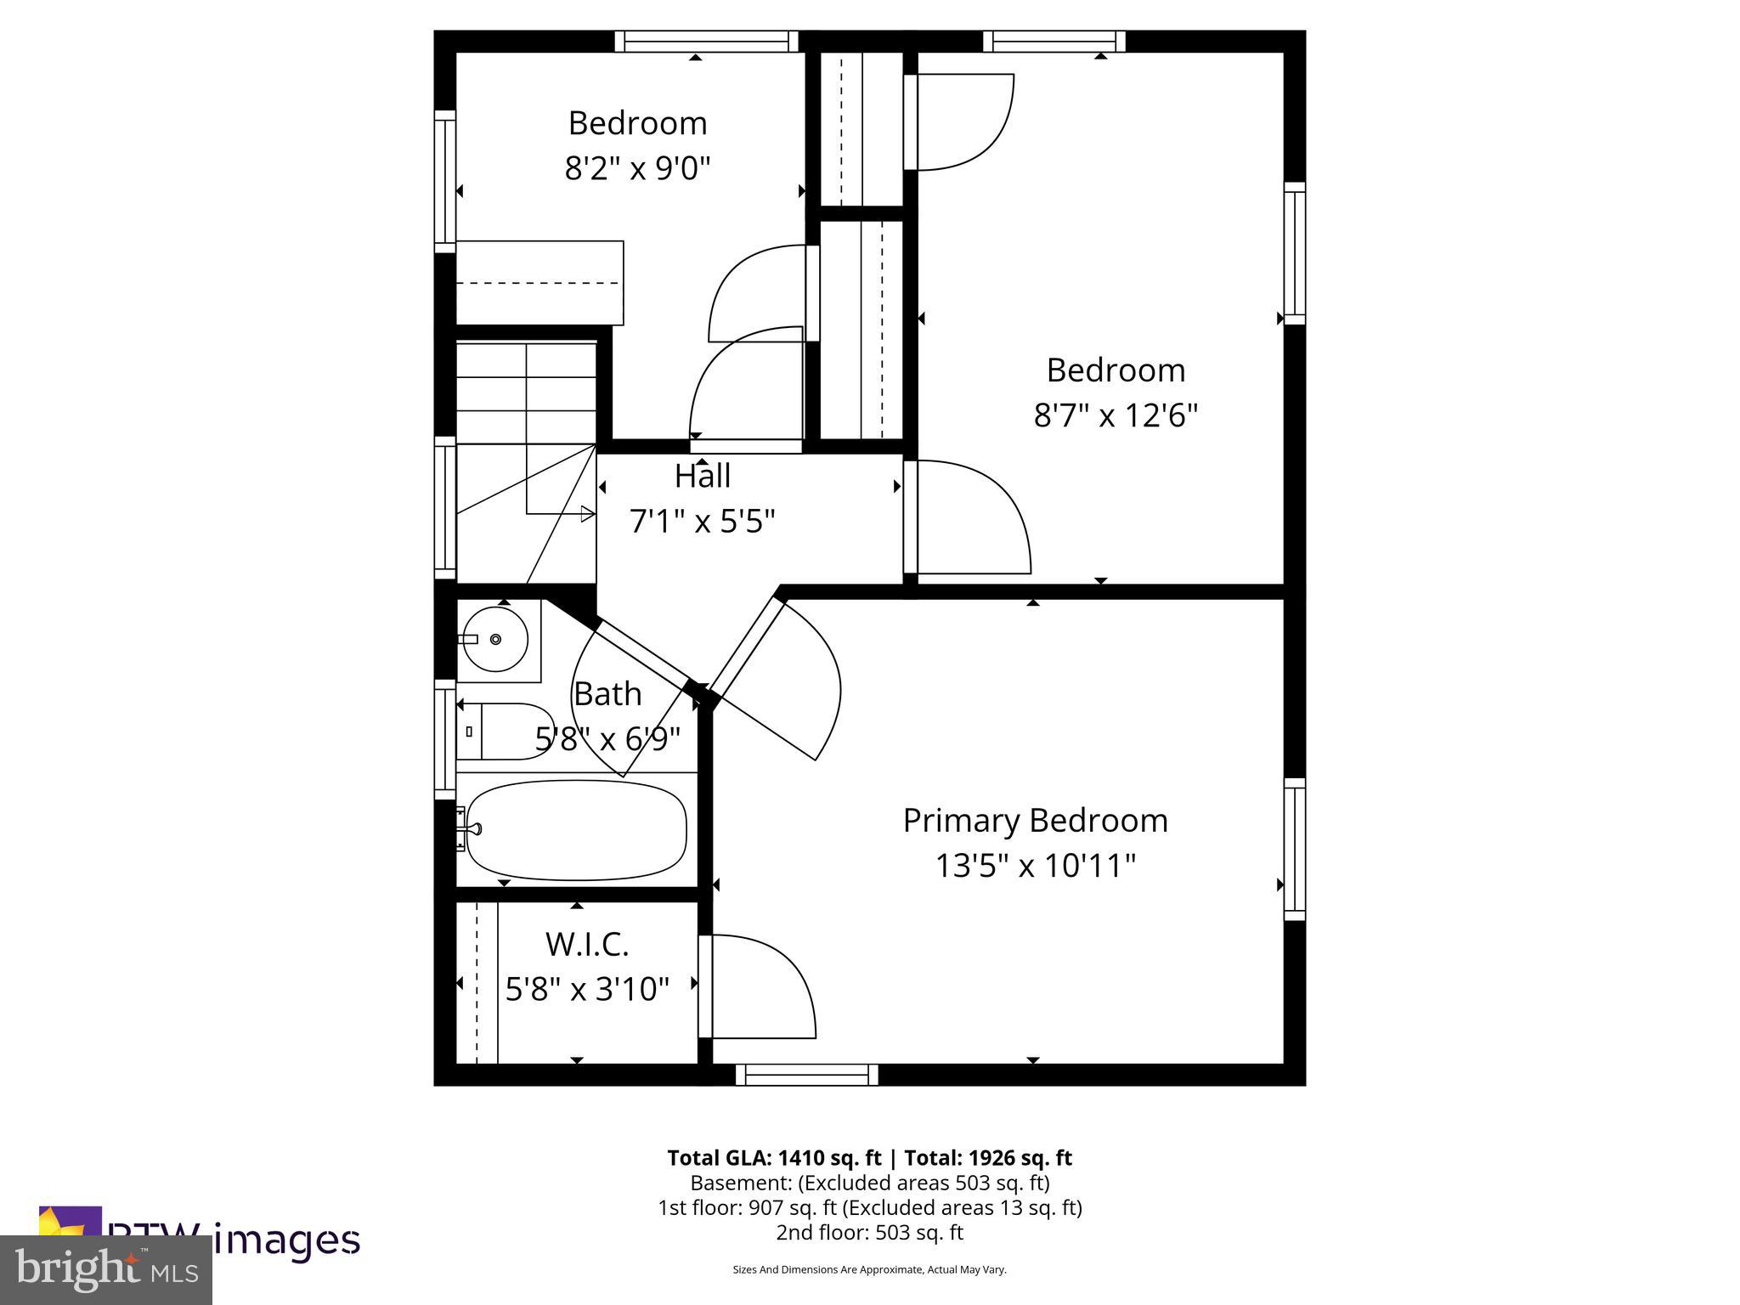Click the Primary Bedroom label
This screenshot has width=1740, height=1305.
1034,821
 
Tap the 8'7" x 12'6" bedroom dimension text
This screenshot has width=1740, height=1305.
1115,416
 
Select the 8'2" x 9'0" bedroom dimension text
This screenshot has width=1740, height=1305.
637,169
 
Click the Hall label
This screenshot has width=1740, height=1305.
702,477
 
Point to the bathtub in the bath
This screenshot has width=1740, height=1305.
576,831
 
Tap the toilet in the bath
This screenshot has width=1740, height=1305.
505,731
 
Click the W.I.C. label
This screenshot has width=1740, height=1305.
586,944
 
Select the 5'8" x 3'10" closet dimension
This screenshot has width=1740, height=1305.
587,989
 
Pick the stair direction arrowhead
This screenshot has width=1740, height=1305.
587,513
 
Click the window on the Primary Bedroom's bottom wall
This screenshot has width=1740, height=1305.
806,1075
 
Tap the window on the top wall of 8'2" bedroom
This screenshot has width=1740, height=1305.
706,41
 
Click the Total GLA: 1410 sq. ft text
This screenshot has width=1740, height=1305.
776,1158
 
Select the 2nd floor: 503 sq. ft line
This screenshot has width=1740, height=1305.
869,1232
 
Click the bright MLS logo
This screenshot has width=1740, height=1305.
106,1270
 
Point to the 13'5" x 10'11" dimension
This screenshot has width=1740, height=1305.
1035,867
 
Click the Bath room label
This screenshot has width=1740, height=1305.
607,694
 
